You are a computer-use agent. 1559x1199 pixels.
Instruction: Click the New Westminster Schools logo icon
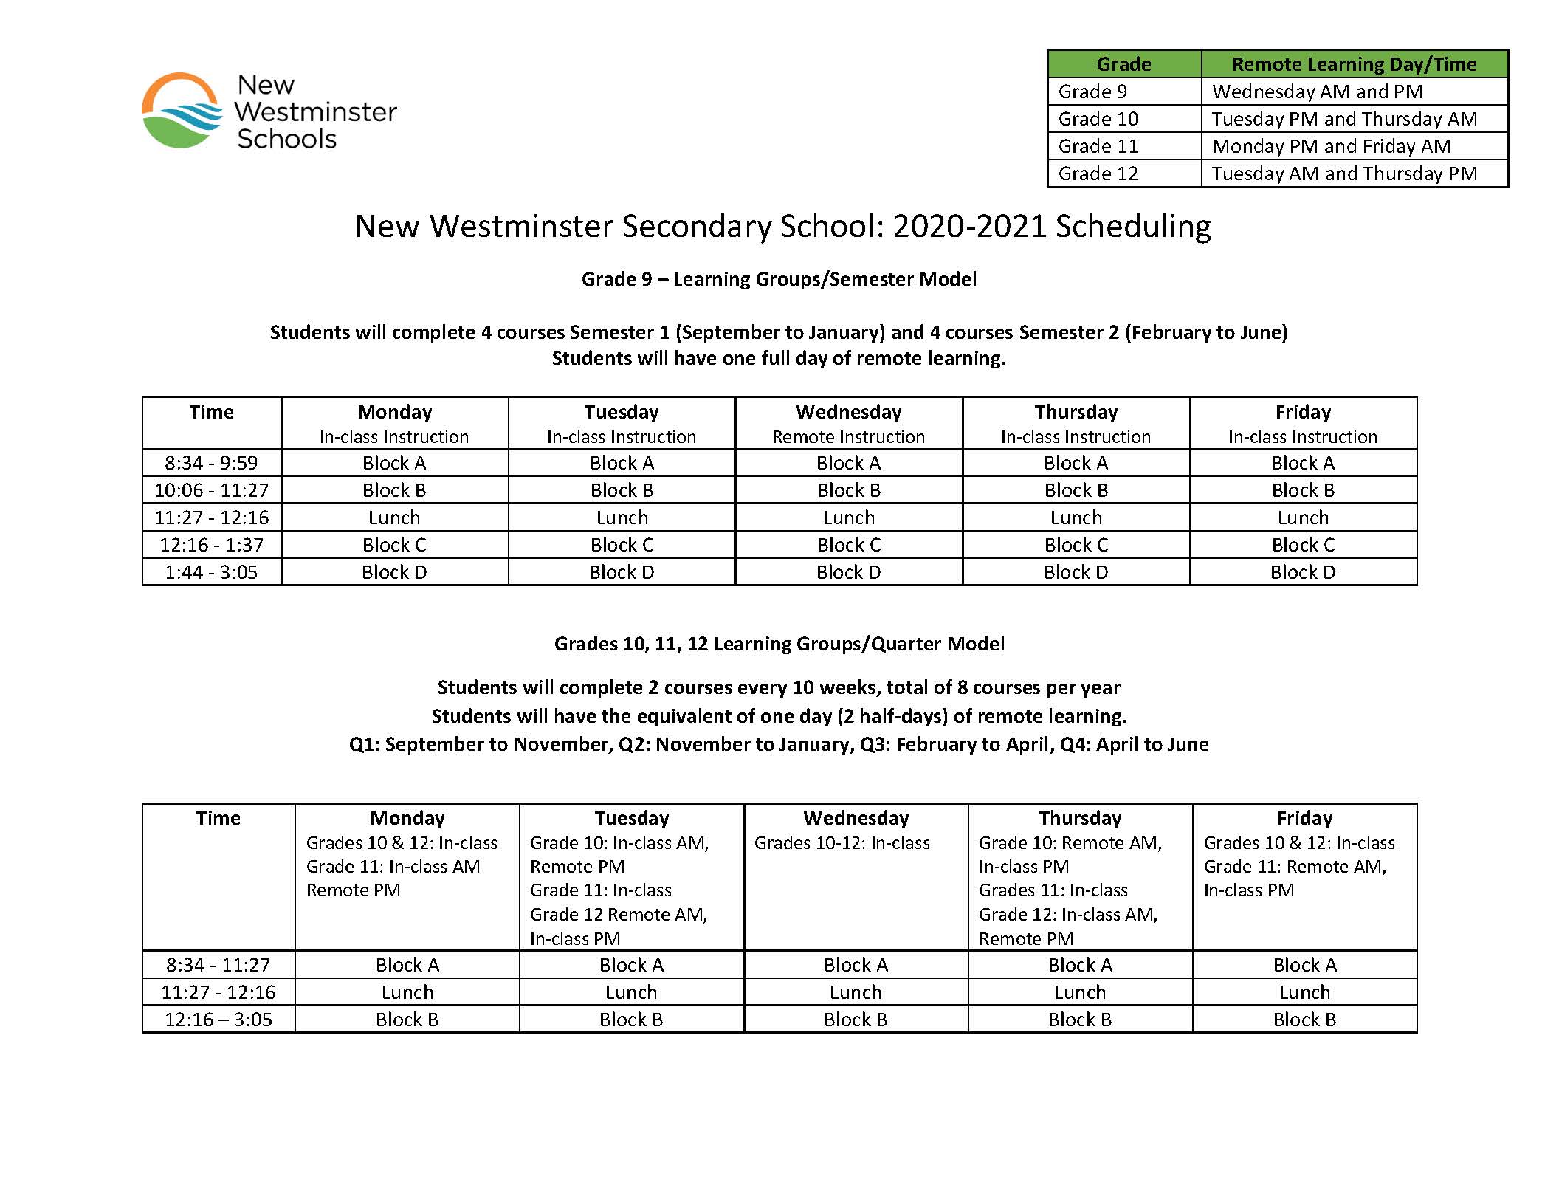coord(182,111)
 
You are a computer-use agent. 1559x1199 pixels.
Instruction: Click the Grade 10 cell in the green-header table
coord(1098,119)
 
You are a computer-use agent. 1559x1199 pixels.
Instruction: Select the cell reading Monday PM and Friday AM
coord(1331,146)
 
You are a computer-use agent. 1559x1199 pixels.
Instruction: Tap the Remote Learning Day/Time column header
coord(1354,64)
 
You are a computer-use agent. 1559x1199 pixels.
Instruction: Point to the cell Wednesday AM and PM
coord(1317,92)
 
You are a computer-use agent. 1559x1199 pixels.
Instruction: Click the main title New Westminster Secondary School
coord(782,226)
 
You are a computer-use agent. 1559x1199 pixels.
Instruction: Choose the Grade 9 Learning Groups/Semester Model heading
coord(779,279)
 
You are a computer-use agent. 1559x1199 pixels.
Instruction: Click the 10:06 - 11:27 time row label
coord(211,490)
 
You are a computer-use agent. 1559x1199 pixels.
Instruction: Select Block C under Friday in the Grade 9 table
coord(1303,545)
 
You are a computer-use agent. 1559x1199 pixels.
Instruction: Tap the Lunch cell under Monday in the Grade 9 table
coord(394,518)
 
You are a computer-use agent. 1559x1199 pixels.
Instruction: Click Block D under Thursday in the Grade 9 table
coord(1076,572)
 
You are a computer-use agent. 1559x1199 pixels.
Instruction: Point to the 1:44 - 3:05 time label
coord(211,572)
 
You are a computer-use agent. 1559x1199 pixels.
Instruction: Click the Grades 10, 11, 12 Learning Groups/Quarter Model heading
coord(779,644)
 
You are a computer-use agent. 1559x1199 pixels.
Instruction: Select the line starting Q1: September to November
coord(779,744)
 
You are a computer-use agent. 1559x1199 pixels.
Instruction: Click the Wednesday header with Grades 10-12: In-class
coord(856,830)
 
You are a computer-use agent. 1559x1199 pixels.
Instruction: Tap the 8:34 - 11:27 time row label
coord(218,965)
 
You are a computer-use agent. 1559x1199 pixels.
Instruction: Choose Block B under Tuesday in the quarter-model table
coord(631,1020)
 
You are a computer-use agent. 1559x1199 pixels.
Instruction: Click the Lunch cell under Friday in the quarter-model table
coord(1304,992)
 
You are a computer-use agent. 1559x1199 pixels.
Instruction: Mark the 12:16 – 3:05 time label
coord(218,1020)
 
